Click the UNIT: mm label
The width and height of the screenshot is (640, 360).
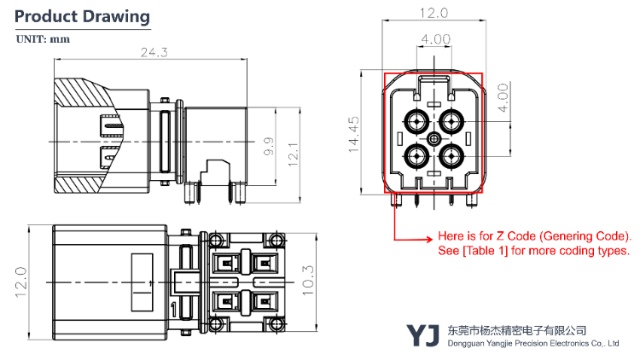[44, 39]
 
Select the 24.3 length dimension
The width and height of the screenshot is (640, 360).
[154, 52]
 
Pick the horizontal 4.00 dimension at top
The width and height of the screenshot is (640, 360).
[435, 38]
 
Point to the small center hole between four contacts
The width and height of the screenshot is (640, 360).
[434, 139]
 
